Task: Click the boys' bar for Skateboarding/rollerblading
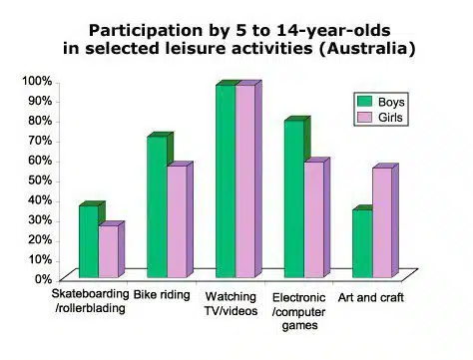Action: coord(89,241)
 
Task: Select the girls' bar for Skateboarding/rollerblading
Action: coord(109,251)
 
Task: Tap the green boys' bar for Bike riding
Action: coord(157,207)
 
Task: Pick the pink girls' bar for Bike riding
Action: coord(177,221)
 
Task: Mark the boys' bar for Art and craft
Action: coord(362,243)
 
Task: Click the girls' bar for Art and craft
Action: coord(382,222)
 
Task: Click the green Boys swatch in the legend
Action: coord(364,102)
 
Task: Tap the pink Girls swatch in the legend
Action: coord(364,118)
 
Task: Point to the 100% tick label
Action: coord(37,81)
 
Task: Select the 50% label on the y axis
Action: coord(40,180)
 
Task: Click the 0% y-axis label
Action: coord(43,279)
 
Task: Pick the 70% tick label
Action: coord(40,141)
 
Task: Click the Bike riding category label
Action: coord(162,295)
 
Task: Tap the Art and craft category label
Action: coord(371,297)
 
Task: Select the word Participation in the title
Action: coord(146,31)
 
